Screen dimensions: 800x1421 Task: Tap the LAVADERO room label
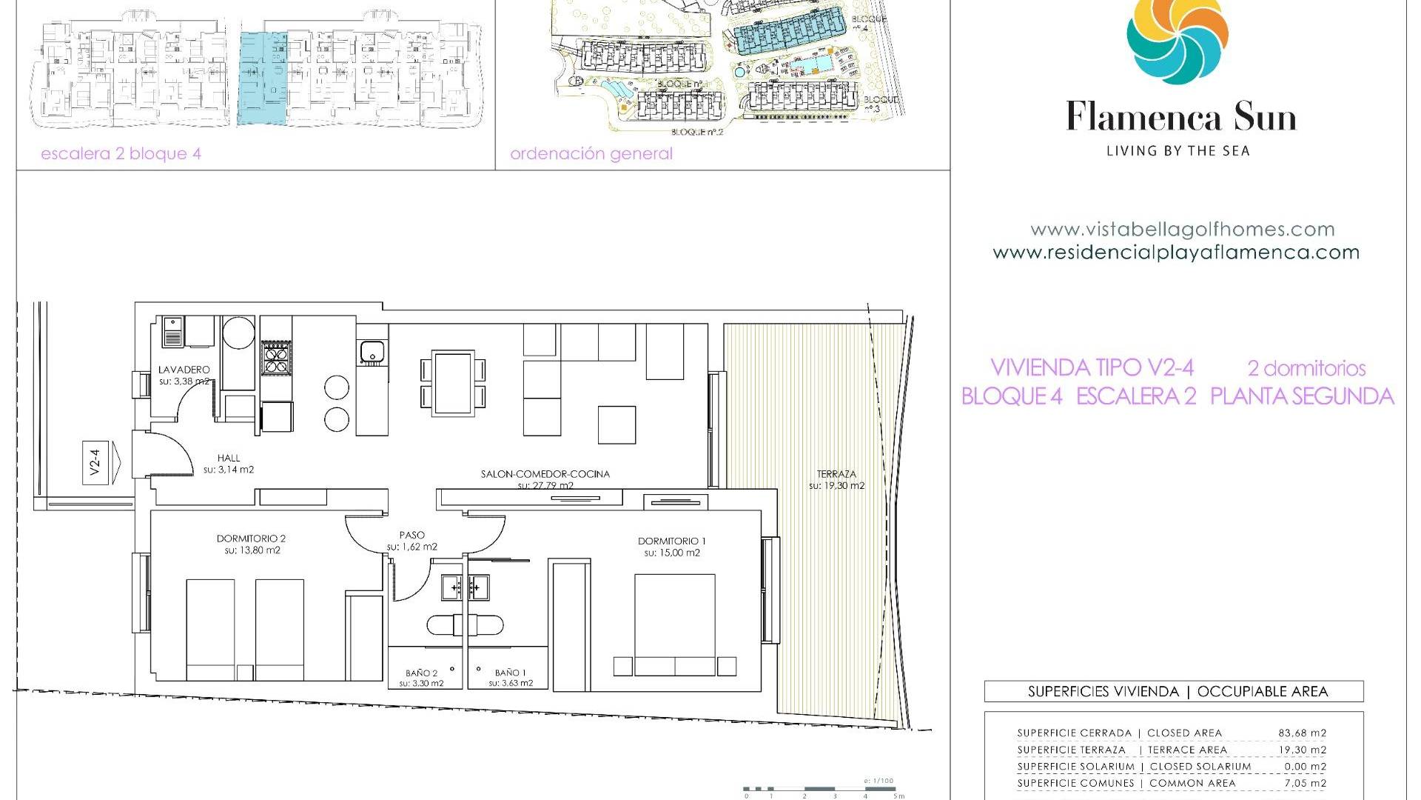(x=184, y=370)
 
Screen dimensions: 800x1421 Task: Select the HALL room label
(x=229, y=458)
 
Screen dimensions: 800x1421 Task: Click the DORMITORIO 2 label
(x=252, y=539)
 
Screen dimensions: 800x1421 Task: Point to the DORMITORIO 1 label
(x=672, y=541)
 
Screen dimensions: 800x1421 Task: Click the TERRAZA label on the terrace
(x=836, y=474)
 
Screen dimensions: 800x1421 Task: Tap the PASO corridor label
(x=412, y=535)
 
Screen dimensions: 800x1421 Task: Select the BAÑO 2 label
(x=421, y=673)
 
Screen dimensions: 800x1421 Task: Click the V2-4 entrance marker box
(x=95, y=462)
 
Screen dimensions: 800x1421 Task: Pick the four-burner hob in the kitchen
(x=277, y=359)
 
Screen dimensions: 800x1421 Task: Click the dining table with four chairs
(x=454, y=384)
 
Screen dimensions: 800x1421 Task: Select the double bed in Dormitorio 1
(x=675, y=624)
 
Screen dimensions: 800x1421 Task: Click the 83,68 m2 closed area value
(x=1302, y=733)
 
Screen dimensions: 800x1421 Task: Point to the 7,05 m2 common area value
(x=1302, y=783)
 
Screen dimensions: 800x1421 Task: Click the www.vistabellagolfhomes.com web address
(x=1182, y=230)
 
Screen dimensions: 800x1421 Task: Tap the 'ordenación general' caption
(x=591, y=154)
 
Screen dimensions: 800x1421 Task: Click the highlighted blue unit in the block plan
(x=263, y=78)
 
